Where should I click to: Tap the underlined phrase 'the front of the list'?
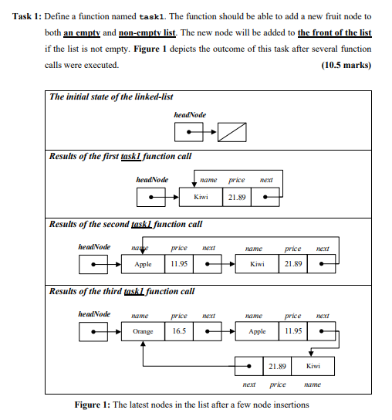tap(333, 32)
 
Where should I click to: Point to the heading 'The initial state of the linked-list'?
tap(110, 97)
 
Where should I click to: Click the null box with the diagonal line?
tap(232, 134)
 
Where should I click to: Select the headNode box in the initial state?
tap(188, 134)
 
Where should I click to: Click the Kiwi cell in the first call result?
tap(201, 198)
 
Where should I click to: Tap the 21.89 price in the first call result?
tap(237, 198)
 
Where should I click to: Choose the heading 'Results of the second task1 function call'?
tap(125, 224)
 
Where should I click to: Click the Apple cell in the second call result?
tap(143, 264)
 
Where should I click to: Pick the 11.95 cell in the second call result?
tap(178, 264)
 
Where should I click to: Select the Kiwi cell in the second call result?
tap(257, 264)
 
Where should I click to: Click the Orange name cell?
tap(143, 331)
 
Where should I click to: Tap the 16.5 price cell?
tap(178, 331)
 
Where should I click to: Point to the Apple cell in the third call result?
tap(257, 331)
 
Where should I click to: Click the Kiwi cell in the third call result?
tap(313, 365)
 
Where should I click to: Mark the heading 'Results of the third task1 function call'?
tap(121, 291)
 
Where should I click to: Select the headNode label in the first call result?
tap(152, 180)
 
